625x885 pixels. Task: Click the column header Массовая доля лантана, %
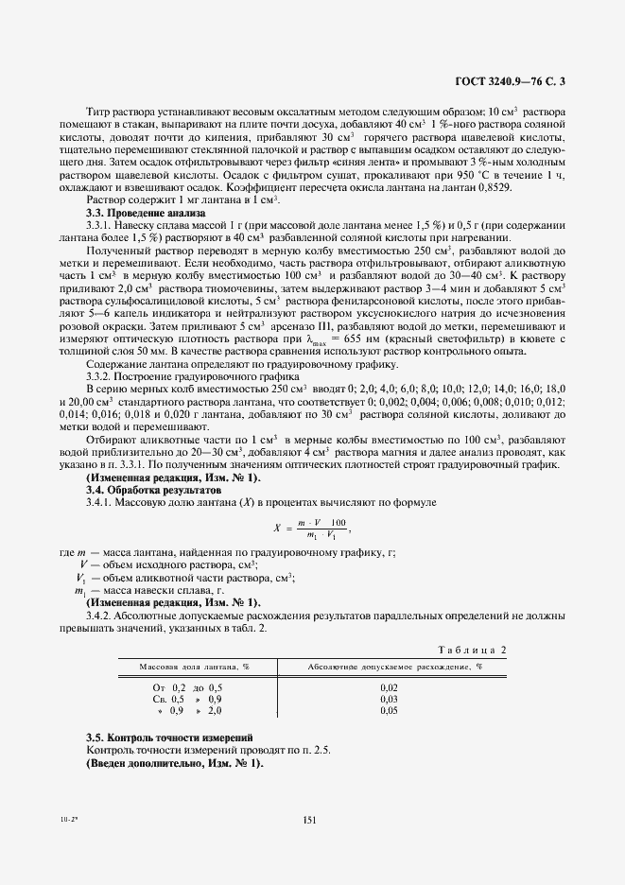click(x=194, y=666)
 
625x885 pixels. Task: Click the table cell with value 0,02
click(x=388, y=687)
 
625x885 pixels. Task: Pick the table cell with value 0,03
click(x=388, y=699)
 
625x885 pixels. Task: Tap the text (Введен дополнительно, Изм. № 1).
click(x=175, y=762)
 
